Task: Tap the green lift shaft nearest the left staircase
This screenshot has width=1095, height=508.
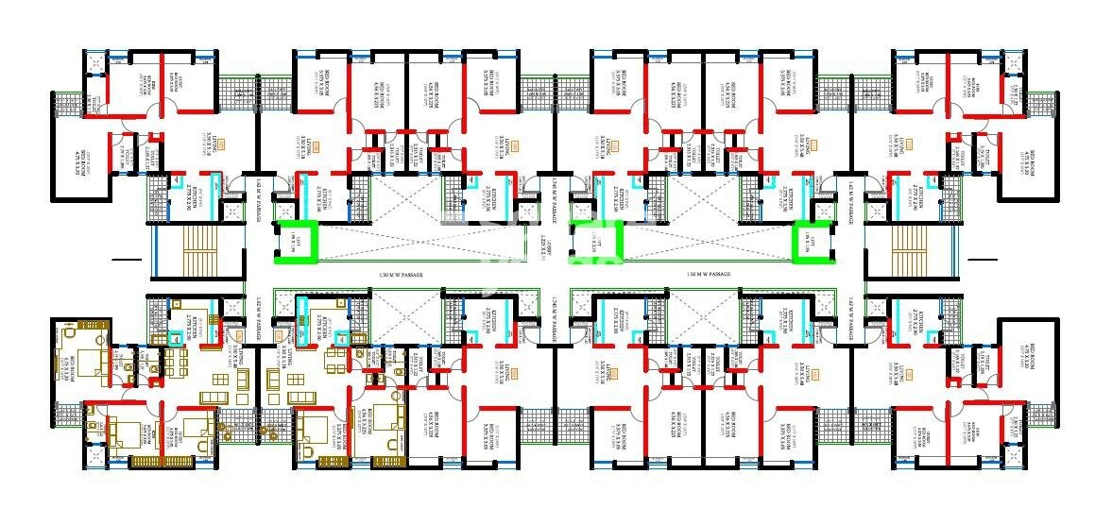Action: (x=297, y=241)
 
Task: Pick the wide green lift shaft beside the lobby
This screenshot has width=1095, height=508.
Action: (x=595, y=242)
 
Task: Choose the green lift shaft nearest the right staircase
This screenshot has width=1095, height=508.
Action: (x=815, y=241)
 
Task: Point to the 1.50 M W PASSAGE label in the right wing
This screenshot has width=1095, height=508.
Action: (x=709, y=274)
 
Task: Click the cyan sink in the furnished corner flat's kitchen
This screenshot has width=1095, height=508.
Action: (x=176, y=336)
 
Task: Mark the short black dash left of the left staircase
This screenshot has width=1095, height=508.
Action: (x=124, y=259)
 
